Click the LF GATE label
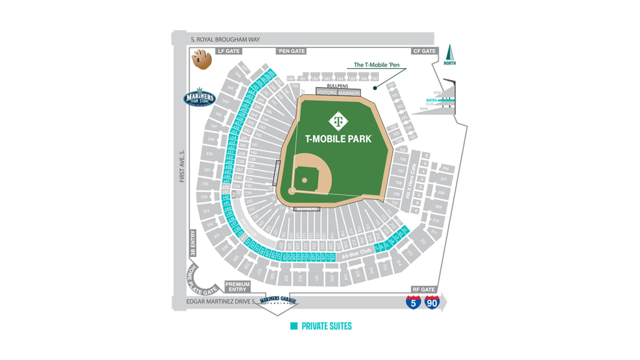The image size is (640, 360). pyautogui.click(x=229, y=51)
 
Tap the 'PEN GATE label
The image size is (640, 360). pyautogui.click(x=291, y=51)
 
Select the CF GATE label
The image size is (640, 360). pyautogui.click(x=424, y=51)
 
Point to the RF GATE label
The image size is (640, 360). pyautogui.click(x=423, y=289)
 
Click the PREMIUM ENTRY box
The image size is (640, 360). pyautogui.click(x=237, y=287)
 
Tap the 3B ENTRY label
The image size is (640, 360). pyautogui.click(x=192, y=243)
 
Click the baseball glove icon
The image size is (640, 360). pyautogui.click(x=202, y=59)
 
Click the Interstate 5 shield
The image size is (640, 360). pyautogui.click(x=413, y=302)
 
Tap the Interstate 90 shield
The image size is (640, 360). pyautogui.click(x=432, y=302)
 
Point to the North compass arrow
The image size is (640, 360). pyautogui.click(x=450, y=55)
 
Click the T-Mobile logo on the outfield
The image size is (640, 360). pyautogui.click(x=338, y=121)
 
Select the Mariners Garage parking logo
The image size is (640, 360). pyautogui.click(x=278, y=300)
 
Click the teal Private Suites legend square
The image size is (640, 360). pyautogui.click(x=294, y=326)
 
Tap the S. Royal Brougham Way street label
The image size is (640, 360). pyautogui.click(x=225, y=40)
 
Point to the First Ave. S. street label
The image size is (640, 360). pyautogui.click(x=182, y=166)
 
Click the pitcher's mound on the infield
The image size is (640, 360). pyautogui.click(x=305, y=180)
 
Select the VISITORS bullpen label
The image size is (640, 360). pyautogui.click(x=326, y=92)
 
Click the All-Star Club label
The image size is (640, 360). pyautogui.click(x=356, y=253)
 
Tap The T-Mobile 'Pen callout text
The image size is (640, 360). pyautogui.click(x=376, y=65)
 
